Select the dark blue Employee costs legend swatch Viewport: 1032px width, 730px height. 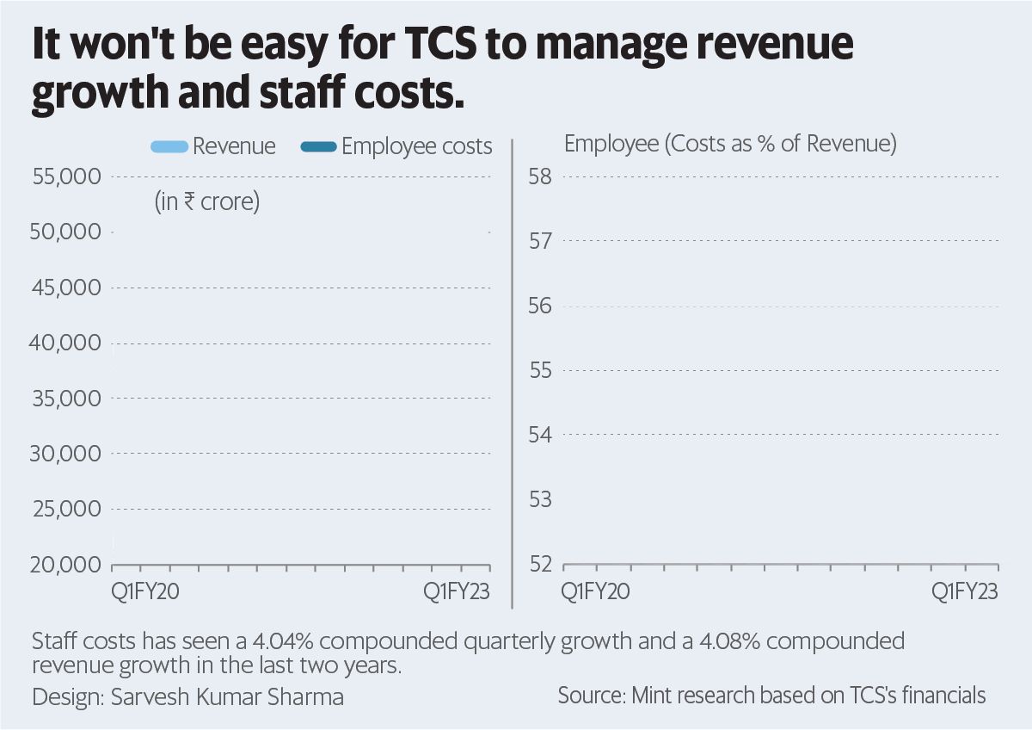click(x=318, y=147)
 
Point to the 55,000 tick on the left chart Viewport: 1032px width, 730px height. click(x=66, y=176)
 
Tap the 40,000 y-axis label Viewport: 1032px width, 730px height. click(x=66, y=343)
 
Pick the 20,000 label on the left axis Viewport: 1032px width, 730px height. click(x=66, y=565)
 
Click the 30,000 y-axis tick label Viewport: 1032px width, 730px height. click(x=66, y=454)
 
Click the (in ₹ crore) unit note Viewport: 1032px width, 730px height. click(x=207, y=203)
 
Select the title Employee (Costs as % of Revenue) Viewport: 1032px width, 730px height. click(x=730, y=144)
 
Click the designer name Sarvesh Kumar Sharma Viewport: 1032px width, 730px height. click(x=228, y=696)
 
